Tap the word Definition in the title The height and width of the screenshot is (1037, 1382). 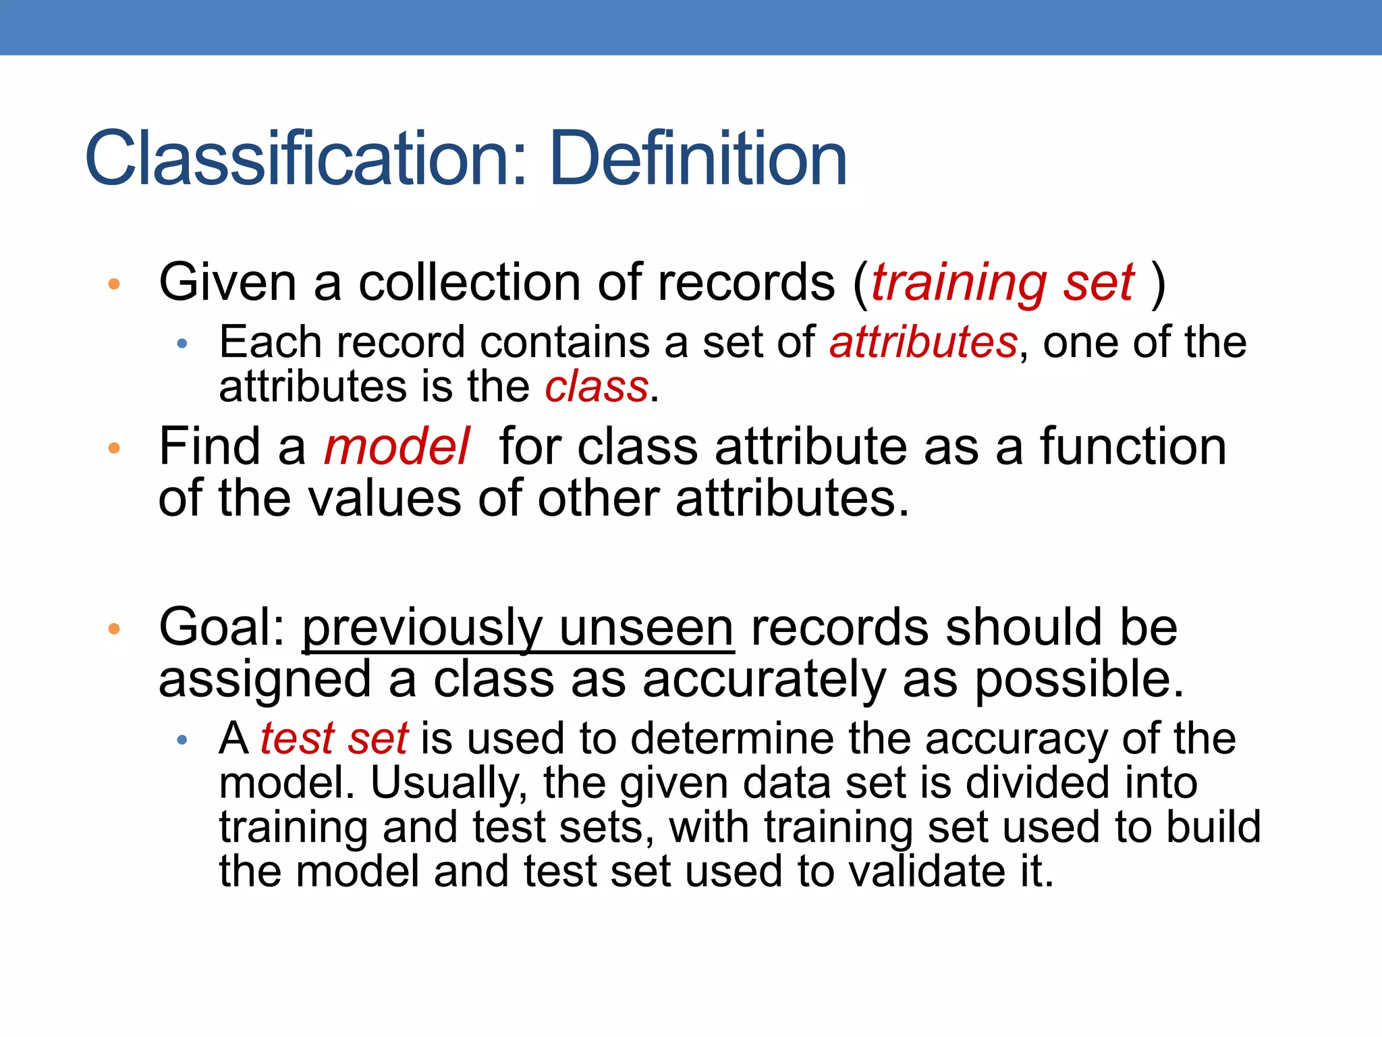698,159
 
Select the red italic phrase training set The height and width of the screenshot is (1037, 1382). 1003,284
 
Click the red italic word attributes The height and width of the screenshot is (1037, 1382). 922,342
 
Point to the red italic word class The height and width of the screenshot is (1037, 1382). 597,388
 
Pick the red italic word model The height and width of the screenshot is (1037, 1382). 397,447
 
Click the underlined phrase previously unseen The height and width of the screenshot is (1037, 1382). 518,628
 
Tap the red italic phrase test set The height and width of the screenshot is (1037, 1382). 334,739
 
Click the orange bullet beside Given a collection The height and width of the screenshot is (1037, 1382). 114,284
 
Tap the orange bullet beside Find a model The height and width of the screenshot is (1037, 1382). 114,448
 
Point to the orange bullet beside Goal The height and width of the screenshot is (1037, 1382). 114,629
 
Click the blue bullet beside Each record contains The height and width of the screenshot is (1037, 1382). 182,344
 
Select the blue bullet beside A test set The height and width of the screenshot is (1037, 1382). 182,741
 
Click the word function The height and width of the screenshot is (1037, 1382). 1133,447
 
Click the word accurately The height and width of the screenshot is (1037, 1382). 764,681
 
